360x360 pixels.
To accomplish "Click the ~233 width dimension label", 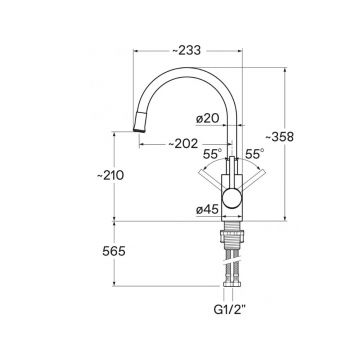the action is tap(187, 51).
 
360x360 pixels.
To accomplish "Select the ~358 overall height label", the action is tap(279, 137).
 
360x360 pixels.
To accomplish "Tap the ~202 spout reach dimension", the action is tap(183, 144).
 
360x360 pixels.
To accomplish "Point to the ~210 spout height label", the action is tap(110, 175).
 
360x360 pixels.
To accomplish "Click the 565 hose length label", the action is tap(114, 251).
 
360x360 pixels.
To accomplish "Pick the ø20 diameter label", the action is tap(207, 119).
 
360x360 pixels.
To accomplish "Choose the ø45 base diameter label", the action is tap(207, 210).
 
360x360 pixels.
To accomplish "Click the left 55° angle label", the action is tap(213, 154).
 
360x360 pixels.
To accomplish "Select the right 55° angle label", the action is tap(255, 154).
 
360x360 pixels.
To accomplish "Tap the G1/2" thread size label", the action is tap(230, 310).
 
